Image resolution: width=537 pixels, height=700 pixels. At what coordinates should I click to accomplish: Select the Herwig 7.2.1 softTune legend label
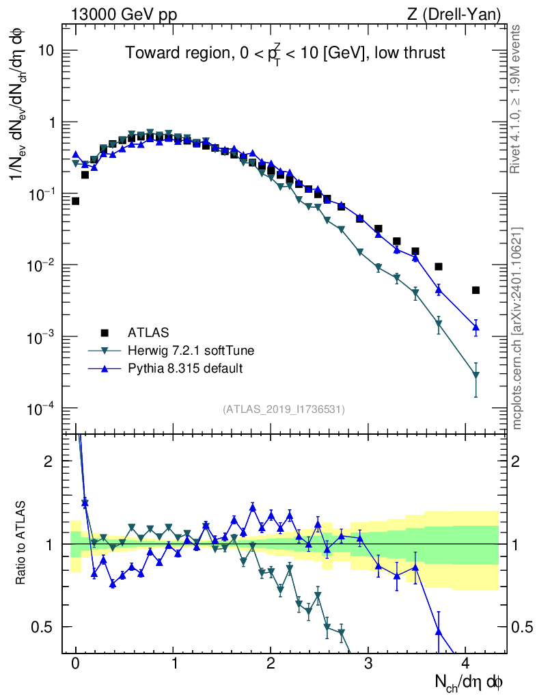pyautogui.click(x=191, y=351)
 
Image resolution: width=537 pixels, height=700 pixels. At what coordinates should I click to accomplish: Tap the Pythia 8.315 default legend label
pyautogui.click(x=185, y=368)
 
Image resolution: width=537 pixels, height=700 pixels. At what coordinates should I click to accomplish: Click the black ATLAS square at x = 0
pyautogui.click(x=75, y=201)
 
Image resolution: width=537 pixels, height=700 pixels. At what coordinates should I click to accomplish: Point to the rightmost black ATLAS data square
pyautogui.click(x=476, y=290)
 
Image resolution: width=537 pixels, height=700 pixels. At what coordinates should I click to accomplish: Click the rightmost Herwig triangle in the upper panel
pyautogui.click(x=476, y=375)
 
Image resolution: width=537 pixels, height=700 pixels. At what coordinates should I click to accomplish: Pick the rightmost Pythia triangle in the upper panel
pyautogui.click(x=476, y=327)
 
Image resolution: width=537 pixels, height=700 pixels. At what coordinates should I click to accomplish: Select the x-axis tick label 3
pyautogui.click(x=368, y=664)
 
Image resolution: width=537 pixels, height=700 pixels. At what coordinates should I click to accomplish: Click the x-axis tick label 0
pyautogui.click(x=75, y=664)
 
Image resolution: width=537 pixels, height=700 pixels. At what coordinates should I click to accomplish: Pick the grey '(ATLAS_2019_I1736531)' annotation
pyautogui.click(x=284, y=409)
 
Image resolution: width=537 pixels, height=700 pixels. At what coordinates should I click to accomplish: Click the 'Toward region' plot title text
pyautogui.click(x=285, y=53)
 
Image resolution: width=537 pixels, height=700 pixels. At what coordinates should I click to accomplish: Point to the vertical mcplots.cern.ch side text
pyautogui.click(x=517, y=328)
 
